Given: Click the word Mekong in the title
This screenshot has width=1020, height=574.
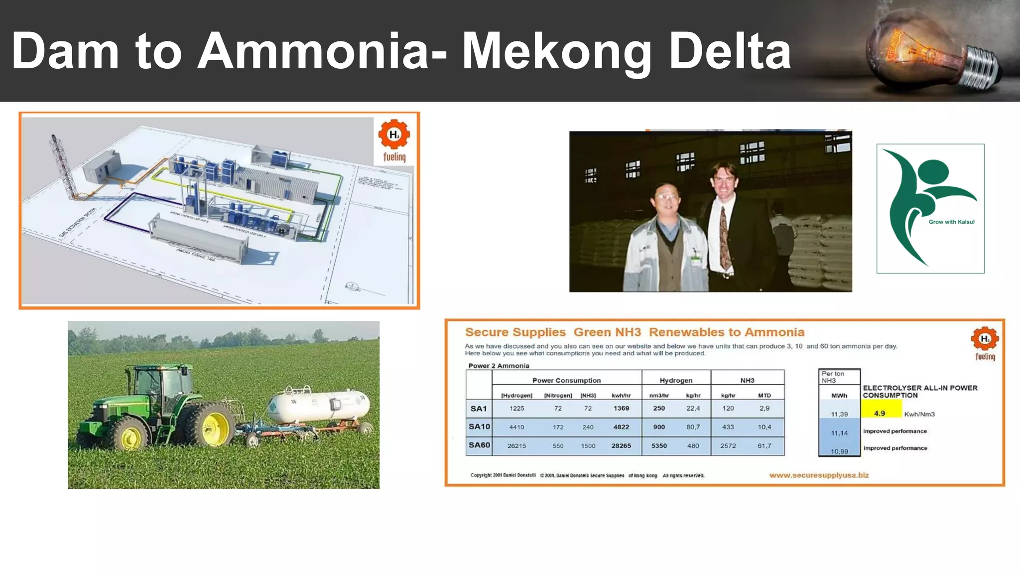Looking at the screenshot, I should pyautogui.click(x=557, y=52).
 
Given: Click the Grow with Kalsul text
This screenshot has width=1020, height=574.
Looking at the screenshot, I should pyautogui.click(x=951, y=222).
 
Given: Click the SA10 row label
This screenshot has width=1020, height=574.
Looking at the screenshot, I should pyautogui.click(x=479, y=427).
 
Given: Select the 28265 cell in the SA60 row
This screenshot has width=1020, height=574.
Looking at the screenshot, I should pyautogui.click(x=621, y=445).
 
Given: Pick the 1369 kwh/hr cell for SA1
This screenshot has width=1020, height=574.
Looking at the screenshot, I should pyautogui.click(x=621, y=408).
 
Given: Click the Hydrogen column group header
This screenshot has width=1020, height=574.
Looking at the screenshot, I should pyautogui.click(x=676, y=380).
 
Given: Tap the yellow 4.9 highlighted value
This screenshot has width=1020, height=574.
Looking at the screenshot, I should pyautogui.click(x=880, y=413).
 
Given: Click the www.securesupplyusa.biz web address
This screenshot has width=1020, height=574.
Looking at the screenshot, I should pyautogui.click(x=819, y=475).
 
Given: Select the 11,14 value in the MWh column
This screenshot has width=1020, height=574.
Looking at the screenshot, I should pyautogui.click(x=839, y=433).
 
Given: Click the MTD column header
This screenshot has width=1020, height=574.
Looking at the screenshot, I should pyautogui.click(x=765, y=395).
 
